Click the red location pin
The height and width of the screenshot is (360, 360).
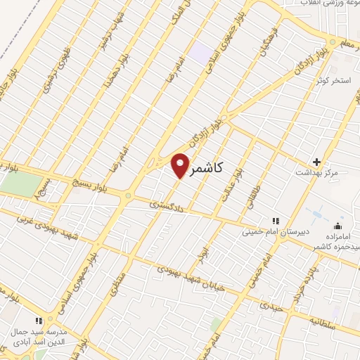181,165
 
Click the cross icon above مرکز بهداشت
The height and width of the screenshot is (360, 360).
316,161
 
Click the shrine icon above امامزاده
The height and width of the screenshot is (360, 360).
337,226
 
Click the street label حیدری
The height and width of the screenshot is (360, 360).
270,306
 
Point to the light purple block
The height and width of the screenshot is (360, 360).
202,52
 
